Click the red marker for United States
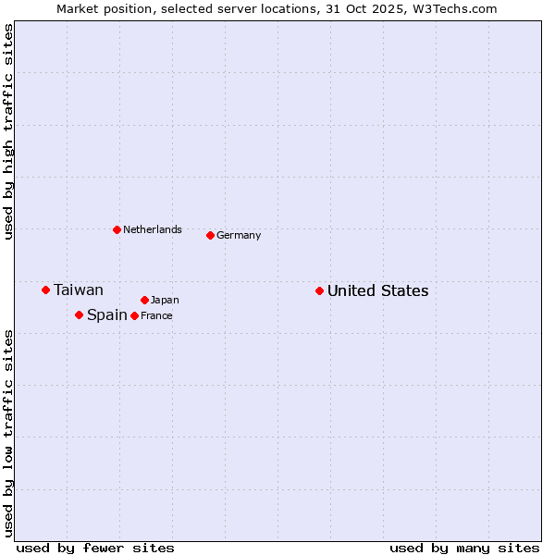[319, 290]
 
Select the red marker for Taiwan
[45, 290]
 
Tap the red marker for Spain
[79, 314]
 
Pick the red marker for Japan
[144, 300]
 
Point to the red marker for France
[134, 315]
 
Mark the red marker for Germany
[210, 235]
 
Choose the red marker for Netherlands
[117, 229]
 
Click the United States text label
[377, 291]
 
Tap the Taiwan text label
[79, 290]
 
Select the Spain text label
[107, 315]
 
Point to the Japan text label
[165, 300]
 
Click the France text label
[156, 316]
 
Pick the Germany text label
[239, 236]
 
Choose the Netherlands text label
[153, 230]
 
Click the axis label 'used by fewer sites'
[95, 548]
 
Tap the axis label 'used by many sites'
[464, 548]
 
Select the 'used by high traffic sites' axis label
[8, 132]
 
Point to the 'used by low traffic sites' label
[8, 433]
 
